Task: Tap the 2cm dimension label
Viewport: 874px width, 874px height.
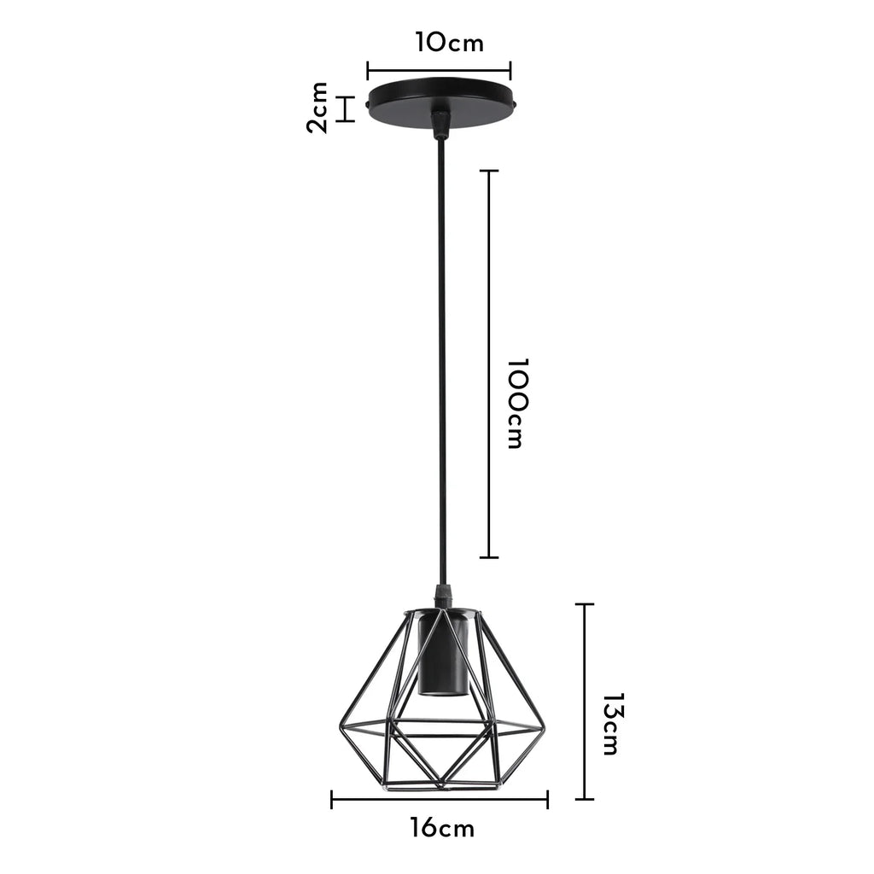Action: click(318, 108)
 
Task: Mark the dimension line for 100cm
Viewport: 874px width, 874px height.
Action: click(488, 364)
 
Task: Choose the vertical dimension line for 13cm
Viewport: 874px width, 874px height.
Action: click(585, 702)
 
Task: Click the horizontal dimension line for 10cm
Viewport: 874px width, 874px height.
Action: click(439, 71)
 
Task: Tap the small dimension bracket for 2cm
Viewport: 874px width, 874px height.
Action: click(346, 108)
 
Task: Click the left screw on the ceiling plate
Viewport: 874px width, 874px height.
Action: click(367, 106)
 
